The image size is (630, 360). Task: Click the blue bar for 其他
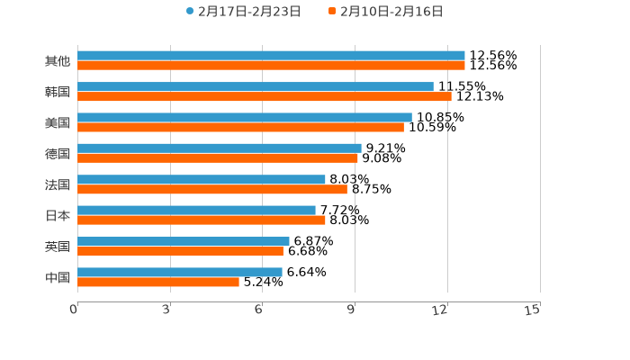coord(271,56)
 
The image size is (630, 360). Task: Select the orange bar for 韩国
coord(265,96)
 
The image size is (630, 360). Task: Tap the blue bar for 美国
coord(245,118)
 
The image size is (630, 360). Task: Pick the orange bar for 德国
coord(218,158)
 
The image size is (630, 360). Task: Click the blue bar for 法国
coord(202,180)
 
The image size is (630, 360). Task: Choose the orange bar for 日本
coord(202,220)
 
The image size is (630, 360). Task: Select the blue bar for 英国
coord(184,241)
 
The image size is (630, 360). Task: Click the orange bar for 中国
coord(158,282)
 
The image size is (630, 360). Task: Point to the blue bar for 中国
coord(180,272)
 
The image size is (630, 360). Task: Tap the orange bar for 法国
coord(212,189)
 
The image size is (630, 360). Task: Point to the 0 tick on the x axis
coord(74,310)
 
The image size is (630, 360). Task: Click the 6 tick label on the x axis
coord(258,310)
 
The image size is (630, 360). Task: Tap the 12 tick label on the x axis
coord(440,310)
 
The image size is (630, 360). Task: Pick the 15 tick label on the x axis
coord(533,310)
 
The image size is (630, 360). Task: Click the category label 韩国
coord(58,92)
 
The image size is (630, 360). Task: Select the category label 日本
coord(58,215)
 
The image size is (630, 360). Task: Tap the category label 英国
coord(58,247)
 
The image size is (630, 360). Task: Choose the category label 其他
coord(58,61)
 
